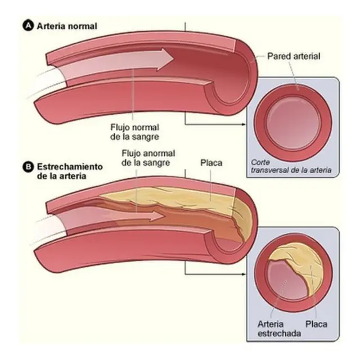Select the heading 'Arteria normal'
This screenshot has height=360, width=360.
click(x=67, y=26)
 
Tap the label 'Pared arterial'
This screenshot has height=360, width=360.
click(x=294, y=56)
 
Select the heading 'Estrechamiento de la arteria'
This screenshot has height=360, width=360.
click(x=70, y=172)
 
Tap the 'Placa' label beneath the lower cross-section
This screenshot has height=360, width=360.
click(x=316, y=325)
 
